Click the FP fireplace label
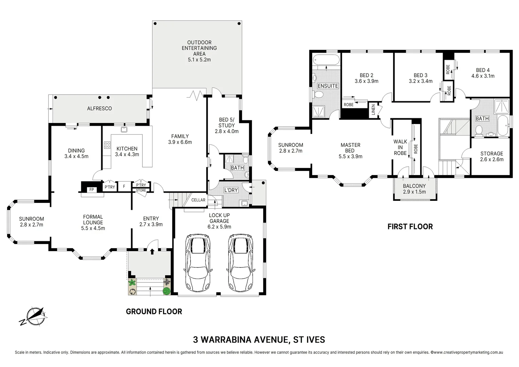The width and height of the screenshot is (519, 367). (91, 190)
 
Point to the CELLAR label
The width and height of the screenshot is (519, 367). (198, 200)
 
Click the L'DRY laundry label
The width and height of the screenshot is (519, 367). (231, 190)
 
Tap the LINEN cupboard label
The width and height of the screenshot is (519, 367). (373, 110)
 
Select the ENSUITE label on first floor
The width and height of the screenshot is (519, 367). (328, 86)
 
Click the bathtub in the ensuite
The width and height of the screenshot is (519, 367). (326, 60)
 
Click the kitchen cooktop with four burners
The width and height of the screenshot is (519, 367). (107, 145)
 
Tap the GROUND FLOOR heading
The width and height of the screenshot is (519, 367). (154, 312)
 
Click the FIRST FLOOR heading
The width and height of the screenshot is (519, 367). (410, 227)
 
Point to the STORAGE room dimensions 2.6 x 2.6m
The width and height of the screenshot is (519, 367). (491, 159)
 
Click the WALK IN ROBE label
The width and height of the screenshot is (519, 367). (400, 147)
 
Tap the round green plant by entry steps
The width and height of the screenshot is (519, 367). (166, 291)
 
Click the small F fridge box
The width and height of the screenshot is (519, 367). (124, 187)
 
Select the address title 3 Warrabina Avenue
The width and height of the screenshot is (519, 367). (259, 339)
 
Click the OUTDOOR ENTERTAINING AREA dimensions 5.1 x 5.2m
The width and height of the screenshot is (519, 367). (199, 59)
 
